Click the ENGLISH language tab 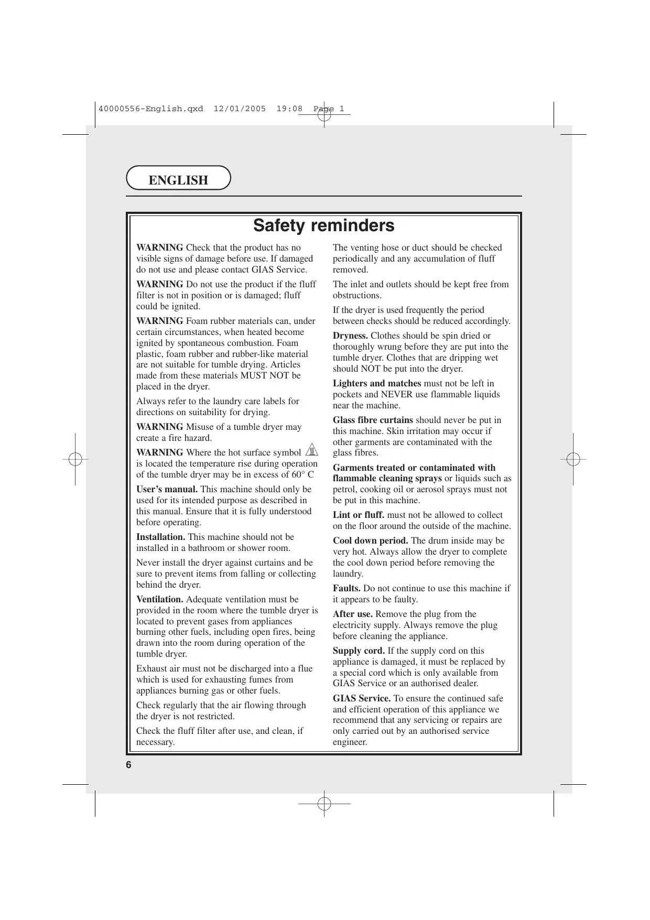(178, 180)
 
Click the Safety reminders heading (323, 225)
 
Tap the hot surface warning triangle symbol (311, 450)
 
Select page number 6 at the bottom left (128, 765)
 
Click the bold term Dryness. (350, 335)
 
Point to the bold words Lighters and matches (376, 383)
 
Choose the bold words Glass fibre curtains (373, 420)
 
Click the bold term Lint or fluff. (358, 515)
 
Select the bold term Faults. (346, 588)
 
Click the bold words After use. (353, 614)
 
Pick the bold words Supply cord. (359, 651)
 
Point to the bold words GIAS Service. (362, 698)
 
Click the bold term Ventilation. (160, 599)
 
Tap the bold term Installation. (160, 537)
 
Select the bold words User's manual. (167, 489)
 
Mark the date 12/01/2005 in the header (240, 109)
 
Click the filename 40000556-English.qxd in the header (150, 109)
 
